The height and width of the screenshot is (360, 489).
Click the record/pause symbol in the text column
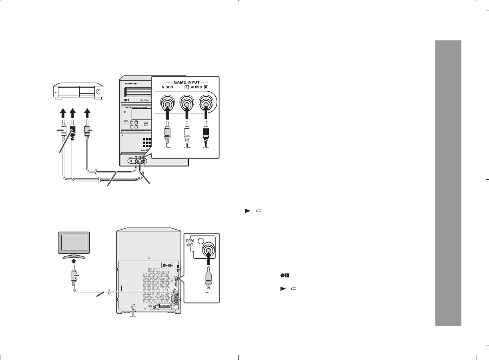pos(285,276)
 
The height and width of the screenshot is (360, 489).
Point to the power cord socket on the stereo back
pos(132,308)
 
